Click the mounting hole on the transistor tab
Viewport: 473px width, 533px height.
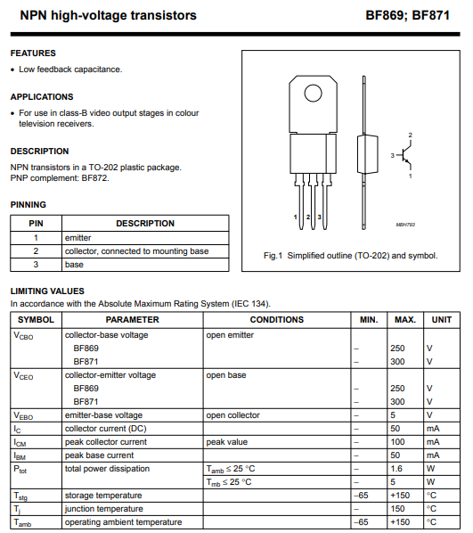pyautogui.click(x=313, y=93)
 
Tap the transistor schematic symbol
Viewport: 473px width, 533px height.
pyautogui.click(x=404, y=155)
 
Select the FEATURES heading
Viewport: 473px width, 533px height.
pyautogui.click(x=33, y=53)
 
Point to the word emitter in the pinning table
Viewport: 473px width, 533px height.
pyautogui.click(x=78, y=238)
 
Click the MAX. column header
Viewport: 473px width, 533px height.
pyautogui.click(x=405, y=320)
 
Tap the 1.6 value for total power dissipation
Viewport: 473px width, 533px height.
pyautogui.click(x=396, y=469)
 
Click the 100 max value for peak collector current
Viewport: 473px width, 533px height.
pyautogui.click(x=397, y=442)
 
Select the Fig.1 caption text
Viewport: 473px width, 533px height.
pyautogui.click(x=351, y=256)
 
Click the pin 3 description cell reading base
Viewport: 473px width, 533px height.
pyautogui.click(x=74, y=265)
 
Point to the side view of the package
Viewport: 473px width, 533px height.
pyautogui.click(x=367, y=152)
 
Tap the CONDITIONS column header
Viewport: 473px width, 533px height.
pyautogui.click(x=277, y=320)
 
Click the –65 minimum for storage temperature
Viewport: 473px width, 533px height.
pyautogui.click(x=361, y=496)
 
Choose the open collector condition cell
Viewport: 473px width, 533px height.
pyautogui.click(x=232, y=415)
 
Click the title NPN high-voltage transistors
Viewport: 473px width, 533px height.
pyautogui.click(x=109, y=16)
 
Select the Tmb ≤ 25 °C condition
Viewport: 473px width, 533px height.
pyautogui.click(x=229, y=482)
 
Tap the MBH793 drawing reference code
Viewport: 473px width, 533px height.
pyautogui.click(x=405, y=225)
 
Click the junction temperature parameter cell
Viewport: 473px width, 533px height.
pyautogui.click(x=104, y=509)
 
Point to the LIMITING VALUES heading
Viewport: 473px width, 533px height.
pyautogui.click(x=47, y=291)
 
